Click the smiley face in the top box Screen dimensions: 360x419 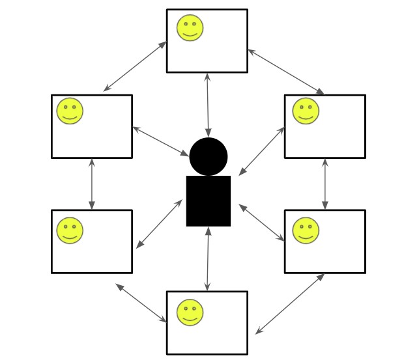(x=190, y=28)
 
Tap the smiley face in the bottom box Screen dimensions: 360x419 (x=190, y=312)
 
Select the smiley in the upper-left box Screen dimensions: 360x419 (x=70, y=111)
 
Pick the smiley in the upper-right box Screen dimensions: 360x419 (x=305, y=111)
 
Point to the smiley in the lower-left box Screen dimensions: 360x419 (x=70, y=230)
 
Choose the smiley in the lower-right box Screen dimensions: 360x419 (x=305, y=230)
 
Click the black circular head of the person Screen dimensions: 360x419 (x=209, y=156)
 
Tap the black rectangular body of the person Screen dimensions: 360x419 (x=209, y=201)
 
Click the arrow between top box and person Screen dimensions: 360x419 (x=208, y=104)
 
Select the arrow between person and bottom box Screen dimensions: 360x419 (x=208, y=258)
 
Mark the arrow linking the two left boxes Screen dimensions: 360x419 (x=92, y=184)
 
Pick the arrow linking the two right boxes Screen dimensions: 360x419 (x=325, y=184)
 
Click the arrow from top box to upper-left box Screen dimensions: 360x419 (x=135, y=66)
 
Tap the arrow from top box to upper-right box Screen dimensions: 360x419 (x=285, y=71)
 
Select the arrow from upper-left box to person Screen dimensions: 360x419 (x=160, y=141)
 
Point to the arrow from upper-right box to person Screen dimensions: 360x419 (x=262, y=151)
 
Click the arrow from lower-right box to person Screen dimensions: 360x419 (x=262, y=223)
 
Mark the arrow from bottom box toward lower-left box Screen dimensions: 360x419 (x=141, y=303)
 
